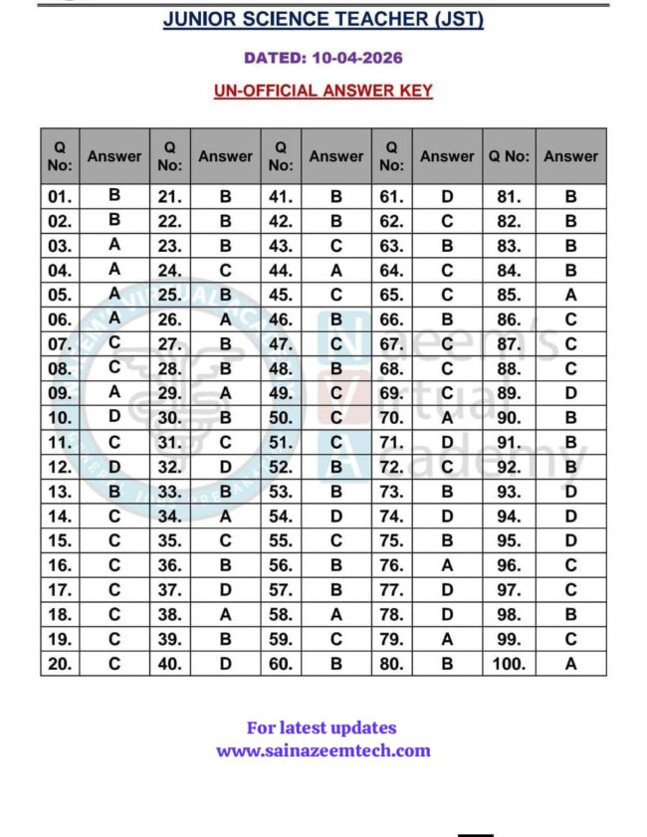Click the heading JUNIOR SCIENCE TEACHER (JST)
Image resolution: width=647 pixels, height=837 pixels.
pos(323,20)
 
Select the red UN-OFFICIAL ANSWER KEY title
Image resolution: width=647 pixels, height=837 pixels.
pos(323,91)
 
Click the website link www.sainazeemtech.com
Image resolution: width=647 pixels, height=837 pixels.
pos(323,750)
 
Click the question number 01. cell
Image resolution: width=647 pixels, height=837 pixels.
pos(60,197)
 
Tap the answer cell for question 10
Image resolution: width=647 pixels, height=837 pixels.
pos(114,416)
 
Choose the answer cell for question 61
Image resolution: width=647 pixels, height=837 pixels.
pos(447,197)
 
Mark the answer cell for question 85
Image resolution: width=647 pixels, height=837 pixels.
pos(570,295)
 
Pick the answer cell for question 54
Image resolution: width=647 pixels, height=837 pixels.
pos(336,516)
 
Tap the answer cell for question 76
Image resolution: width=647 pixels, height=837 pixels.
pos(447,565)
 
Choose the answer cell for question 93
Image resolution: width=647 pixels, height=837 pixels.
pos(570,491)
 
